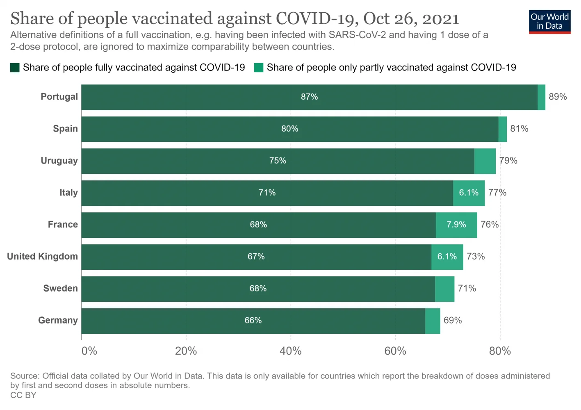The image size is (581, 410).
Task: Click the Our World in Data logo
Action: pos(549,22)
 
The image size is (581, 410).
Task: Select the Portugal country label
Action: pos(59,97)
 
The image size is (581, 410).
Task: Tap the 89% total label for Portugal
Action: pos(558,97)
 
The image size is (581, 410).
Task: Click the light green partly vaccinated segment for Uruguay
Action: pos(485,161)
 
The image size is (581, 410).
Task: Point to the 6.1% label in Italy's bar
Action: pos(469,193)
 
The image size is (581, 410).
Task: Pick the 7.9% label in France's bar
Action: pos(456,225)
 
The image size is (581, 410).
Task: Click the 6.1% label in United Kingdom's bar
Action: pos(447,257)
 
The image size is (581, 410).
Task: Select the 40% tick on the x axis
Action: pos(291,351)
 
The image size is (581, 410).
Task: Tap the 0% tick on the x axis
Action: pos(89,351)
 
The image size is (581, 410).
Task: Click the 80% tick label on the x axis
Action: pos(500,351)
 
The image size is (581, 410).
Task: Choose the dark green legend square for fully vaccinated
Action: pos(15,68)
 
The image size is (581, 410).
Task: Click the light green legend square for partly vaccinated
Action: pos(259,68)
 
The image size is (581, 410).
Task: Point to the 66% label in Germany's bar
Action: pos(253,321)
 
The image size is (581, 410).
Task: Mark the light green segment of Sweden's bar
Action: pos(444,289)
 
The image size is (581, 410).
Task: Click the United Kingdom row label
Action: pos(42,257)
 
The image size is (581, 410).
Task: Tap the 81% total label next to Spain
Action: pos(519,129)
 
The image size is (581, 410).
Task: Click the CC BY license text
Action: pos(23,395)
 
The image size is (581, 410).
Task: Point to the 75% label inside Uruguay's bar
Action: pos(278,161)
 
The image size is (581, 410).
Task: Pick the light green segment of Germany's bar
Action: pos(433,321)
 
